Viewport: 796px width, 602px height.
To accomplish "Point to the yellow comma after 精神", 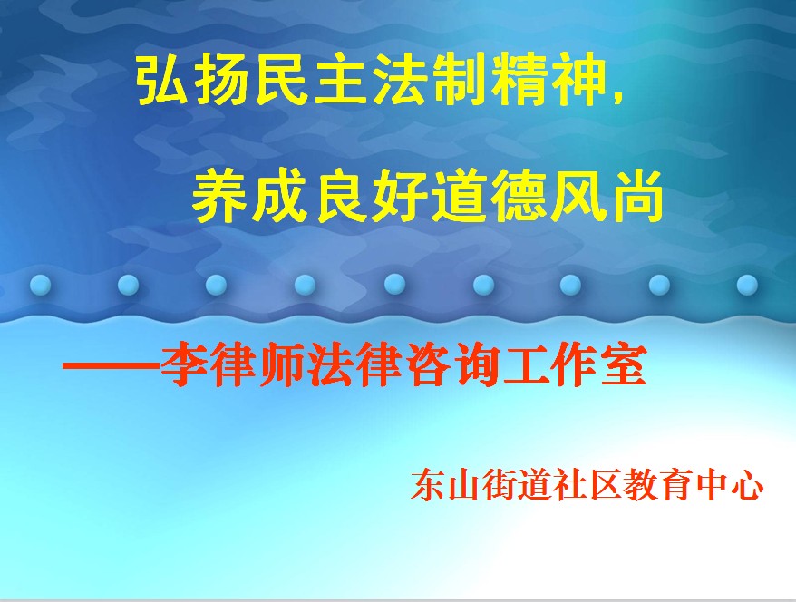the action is click(617, 95).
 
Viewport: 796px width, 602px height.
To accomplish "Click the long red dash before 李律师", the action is click(111, 366).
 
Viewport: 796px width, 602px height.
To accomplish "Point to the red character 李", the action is click(183, 366).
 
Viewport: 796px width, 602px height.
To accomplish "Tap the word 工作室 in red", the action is click(574, 366).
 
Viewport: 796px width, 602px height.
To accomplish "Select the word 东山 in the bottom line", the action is click(445, 485).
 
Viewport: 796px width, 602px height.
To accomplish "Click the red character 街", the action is click(499, 485).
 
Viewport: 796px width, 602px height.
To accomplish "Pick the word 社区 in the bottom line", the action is click(587, 485).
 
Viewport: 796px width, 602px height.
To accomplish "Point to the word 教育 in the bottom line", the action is click(657, 485).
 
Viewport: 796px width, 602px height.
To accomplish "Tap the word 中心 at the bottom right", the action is click(729, 485).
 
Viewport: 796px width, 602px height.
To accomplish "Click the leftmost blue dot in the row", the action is click(40, 285).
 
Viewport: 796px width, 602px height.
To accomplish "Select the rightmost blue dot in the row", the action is click(747, 285).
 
